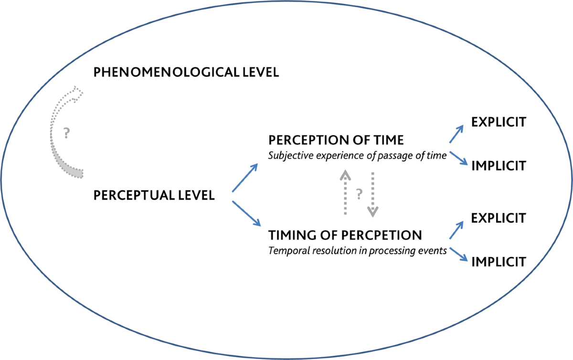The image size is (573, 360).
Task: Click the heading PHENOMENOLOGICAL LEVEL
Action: (186, 73)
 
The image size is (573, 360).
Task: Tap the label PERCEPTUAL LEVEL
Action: (154, 195)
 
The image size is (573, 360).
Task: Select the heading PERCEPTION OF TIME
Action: (337, 140)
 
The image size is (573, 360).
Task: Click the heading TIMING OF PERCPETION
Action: (345, 235)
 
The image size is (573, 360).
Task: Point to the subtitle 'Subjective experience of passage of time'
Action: (357, 155)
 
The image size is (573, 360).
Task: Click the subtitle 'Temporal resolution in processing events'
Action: (357, 250)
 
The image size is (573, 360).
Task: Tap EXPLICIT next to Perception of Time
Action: (499, 122)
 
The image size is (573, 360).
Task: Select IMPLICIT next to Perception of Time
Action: (499, 166)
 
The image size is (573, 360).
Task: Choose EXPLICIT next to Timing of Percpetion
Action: (499, 218)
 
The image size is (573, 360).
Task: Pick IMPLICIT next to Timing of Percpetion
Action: (499, 262)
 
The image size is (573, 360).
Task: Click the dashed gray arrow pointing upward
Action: (344, 193)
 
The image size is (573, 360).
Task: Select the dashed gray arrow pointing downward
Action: (373, 193)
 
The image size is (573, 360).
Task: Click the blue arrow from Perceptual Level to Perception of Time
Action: (245, 178)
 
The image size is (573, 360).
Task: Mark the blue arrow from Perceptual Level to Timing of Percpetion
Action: (246, 213)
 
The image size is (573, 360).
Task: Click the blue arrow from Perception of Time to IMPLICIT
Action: (457, 158)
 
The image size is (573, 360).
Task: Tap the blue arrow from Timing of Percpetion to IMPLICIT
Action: (457, 253)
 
